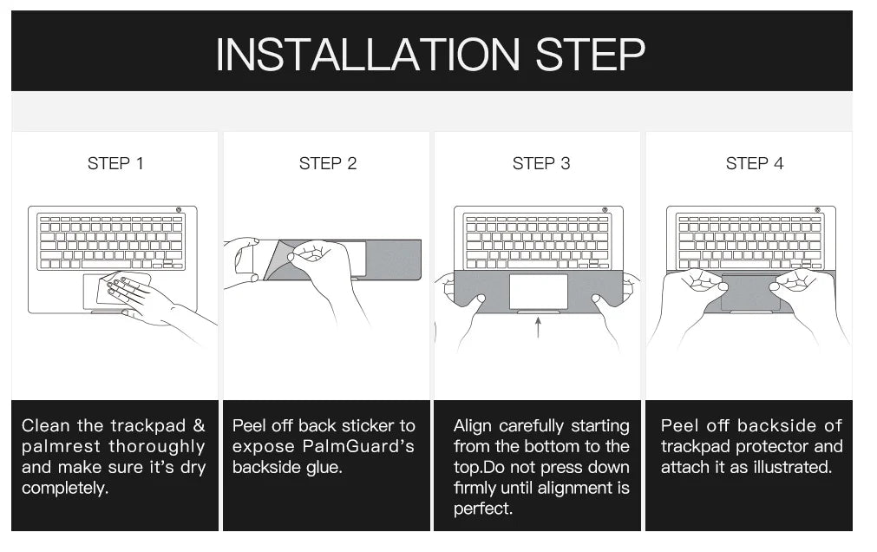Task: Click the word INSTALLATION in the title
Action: (368, 55)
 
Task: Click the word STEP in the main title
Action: (590, 55)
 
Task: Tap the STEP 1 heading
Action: (115, 163)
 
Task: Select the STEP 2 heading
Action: (328, 163)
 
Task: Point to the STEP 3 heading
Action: (540, 163)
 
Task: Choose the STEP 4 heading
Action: (755, 163)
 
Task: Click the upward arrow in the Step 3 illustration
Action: (538, 327)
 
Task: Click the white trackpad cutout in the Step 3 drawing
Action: (538, 291)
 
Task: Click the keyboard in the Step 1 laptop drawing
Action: (111, 242)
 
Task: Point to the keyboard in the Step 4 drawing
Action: (750, 242)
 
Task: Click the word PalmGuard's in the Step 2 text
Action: (358, 446)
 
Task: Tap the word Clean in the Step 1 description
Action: (45, 425)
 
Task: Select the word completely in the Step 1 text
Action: (65, 488)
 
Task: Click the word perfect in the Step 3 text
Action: (482, 509)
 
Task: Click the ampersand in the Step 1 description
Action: (200, 425)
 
